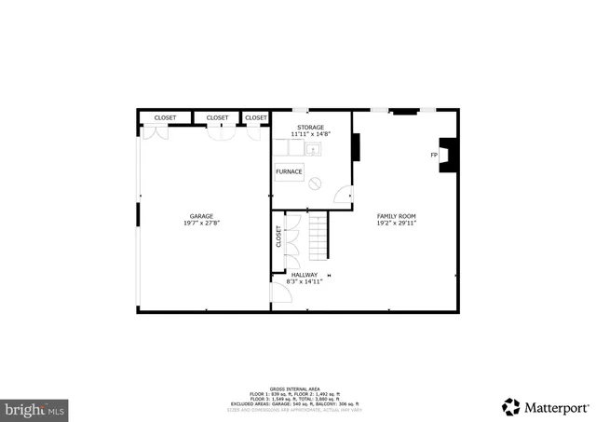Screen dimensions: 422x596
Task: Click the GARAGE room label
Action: [202, 216]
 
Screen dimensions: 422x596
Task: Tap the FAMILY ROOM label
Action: [396, 216]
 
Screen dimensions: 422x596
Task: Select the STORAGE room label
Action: [311, 127]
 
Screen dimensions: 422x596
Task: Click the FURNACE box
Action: [289, 172]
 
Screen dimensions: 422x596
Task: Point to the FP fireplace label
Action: [434, 155]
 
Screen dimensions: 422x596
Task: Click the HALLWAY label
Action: [305, 274]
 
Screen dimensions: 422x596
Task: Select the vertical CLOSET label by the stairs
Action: [278, 237]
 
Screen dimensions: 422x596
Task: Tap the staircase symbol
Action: [318, 237]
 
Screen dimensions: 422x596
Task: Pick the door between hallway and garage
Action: [278, 292]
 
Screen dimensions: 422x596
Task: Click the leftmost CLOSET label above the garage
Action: [166, 117]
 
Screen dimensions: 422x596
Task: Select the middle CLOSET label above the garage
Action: [217, 117]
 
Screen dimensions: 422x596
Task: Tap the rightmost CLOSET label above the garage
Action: [256, 117]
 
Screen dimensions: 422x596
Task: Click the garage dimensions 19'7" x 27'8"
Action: [202, 224]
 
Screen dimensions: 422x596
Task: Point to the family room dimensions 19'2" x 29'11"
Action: [396, 224]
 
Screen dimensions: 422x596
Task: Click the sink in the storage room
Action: [314, 148]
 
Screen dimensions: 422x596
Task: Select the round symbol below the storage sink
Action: [315, 183]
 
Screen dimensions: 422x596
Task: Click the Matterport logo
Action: [546, 406]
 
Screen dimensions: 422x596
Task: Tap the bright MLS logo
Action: [35, 407]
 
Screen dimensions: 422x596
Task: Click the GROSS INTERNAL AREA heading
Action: [297, 388]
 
